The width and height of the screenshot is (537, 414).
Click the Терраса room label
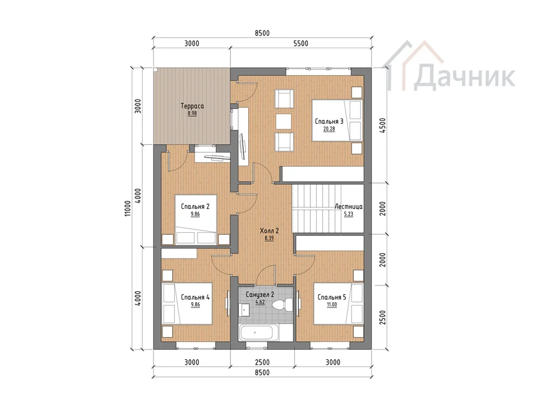[x=192, y=106]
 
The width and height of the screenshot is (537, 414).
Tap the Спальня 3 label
[x=329, y=122]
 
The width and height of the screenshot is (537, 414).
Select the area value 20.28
[x=329, y=129]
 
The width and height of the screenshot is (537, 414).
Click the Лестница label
[x=348, y=207]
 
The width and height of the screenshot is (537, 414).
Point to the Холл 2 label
[x=269, y=231]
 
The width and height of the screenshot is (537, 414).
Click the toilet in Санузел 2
[x=283, y=304]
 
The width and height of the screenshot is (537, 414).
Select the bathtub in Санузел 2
[x=258, y=332]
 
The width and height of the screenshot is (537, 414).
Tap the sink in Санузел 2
[x=245, y=309]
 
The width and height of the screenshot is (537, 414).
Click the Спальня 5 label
[x=332, y=297]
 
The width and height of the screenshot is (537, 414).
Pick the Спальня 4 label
[x=195, y=297]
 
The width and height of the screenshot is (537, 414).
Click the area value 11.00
[x=332, y=305]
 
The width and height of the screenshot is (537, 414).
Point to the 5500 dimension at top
[x=301, y=43]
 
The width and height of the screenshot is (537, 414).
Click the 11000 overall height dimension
[x=128, y=208]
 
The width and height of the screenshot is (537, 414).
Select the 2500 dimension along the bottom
[x=262, y=362]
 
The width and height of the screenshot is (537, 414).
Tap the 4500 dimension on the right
[x=382, y=126]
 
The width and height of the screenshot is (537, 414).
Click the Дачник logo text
[x=464, y=77]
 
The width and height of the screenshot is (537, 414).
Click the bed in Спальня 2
[x=196, y=220]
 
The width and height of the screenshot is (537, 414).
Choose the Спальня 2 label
[x=195, y=207]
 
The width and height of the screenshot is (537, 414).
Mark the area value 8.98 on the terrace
[x=192, y=114]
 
